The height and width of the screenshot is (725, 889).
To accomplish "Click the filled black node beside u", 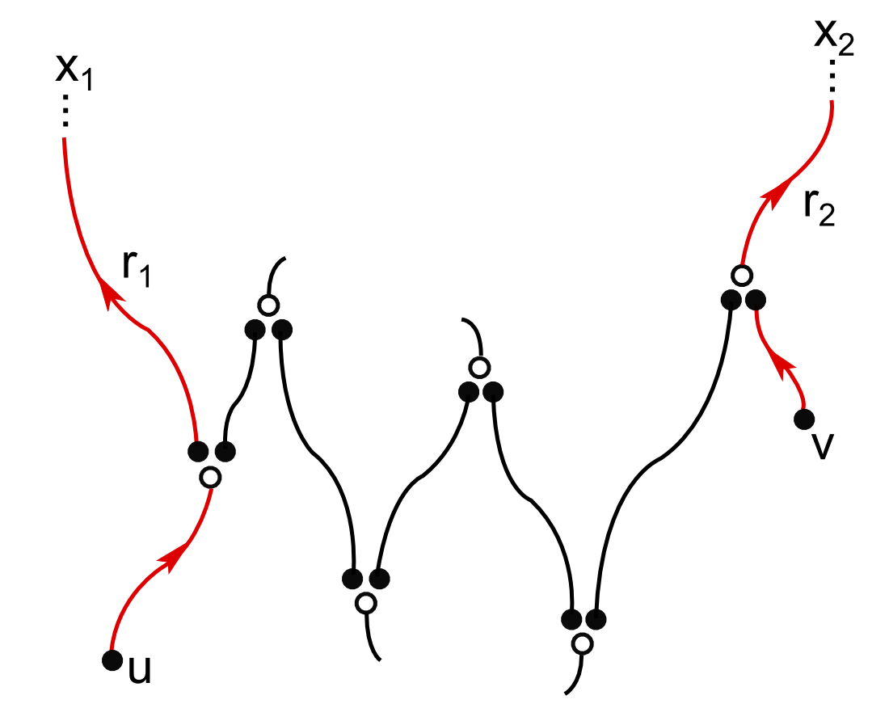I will coord(113,660).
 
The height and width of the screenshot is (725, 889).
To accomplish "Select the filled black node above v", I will coord(803,419).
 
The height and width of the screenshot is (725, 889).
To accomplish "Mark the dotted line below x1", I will coord(66,112).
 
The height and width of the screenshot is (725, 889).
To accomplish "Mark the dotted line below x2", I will coord(832,78).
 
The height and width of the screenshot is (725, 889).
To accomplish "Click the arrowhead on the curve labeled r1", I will coord(105,291).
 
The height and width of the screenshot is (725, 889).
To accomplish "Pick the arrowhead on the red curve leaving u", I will coord(174,558).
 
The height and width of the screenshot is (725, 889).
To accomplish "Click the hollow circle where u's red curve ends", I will coord(210,477).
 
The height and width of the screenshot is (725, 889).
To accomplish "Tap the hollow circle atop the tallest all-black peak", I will coord(268,306).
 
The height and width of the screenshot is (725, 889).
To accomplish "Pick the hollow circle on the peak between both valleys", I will coord(480,369).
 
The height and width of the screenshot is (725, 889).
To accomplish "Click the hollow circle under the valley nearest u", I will coord(366,602).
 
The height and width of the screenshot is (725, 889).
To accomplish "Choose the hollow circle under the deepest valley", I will coord(582,644).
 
